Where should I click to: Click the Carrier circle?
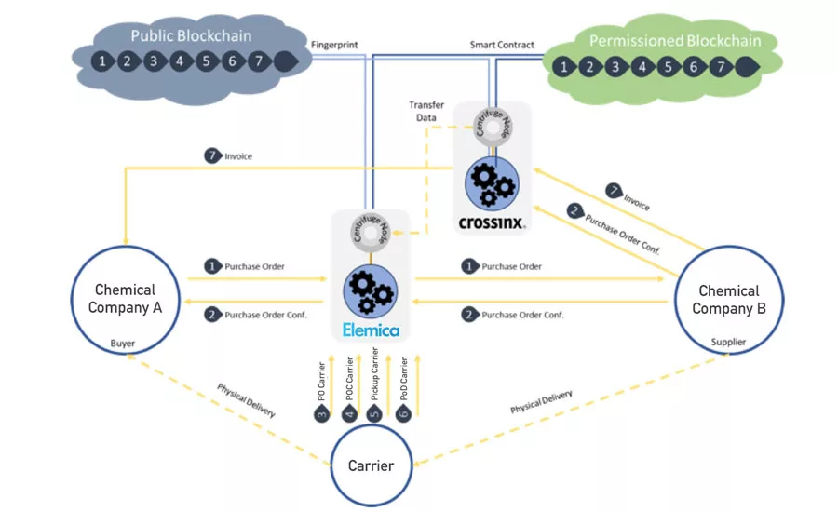pyautogui.click(x=371, y=465)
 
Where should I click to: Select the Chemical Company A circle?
pyautogui.click(x=124, y=299)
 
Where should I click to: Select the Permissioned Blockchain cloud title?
pyautogui.click(x=675, y=41)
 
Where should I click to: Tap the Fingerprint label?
pyautogui.click(x=333, y=44)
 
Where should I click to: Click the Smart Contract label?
pyautogui.click(x=503, y=44)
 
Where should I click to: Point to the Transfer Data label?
pyautogui.click(x=426, y=112)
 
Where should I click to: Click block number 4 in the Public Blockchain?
pyautogui.click(x=181, y=62)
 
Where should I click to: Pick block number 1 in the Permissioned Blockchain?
pyautogui.click(x=562, y=67)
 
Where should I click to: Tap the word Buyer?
pyautogui.click(x=123, y=344)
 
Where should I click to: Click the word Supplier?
pyautogui.click(x=728, y=342)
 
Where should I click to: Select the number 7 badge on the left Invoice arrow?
pyautogui.click(x=213, y=156)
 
